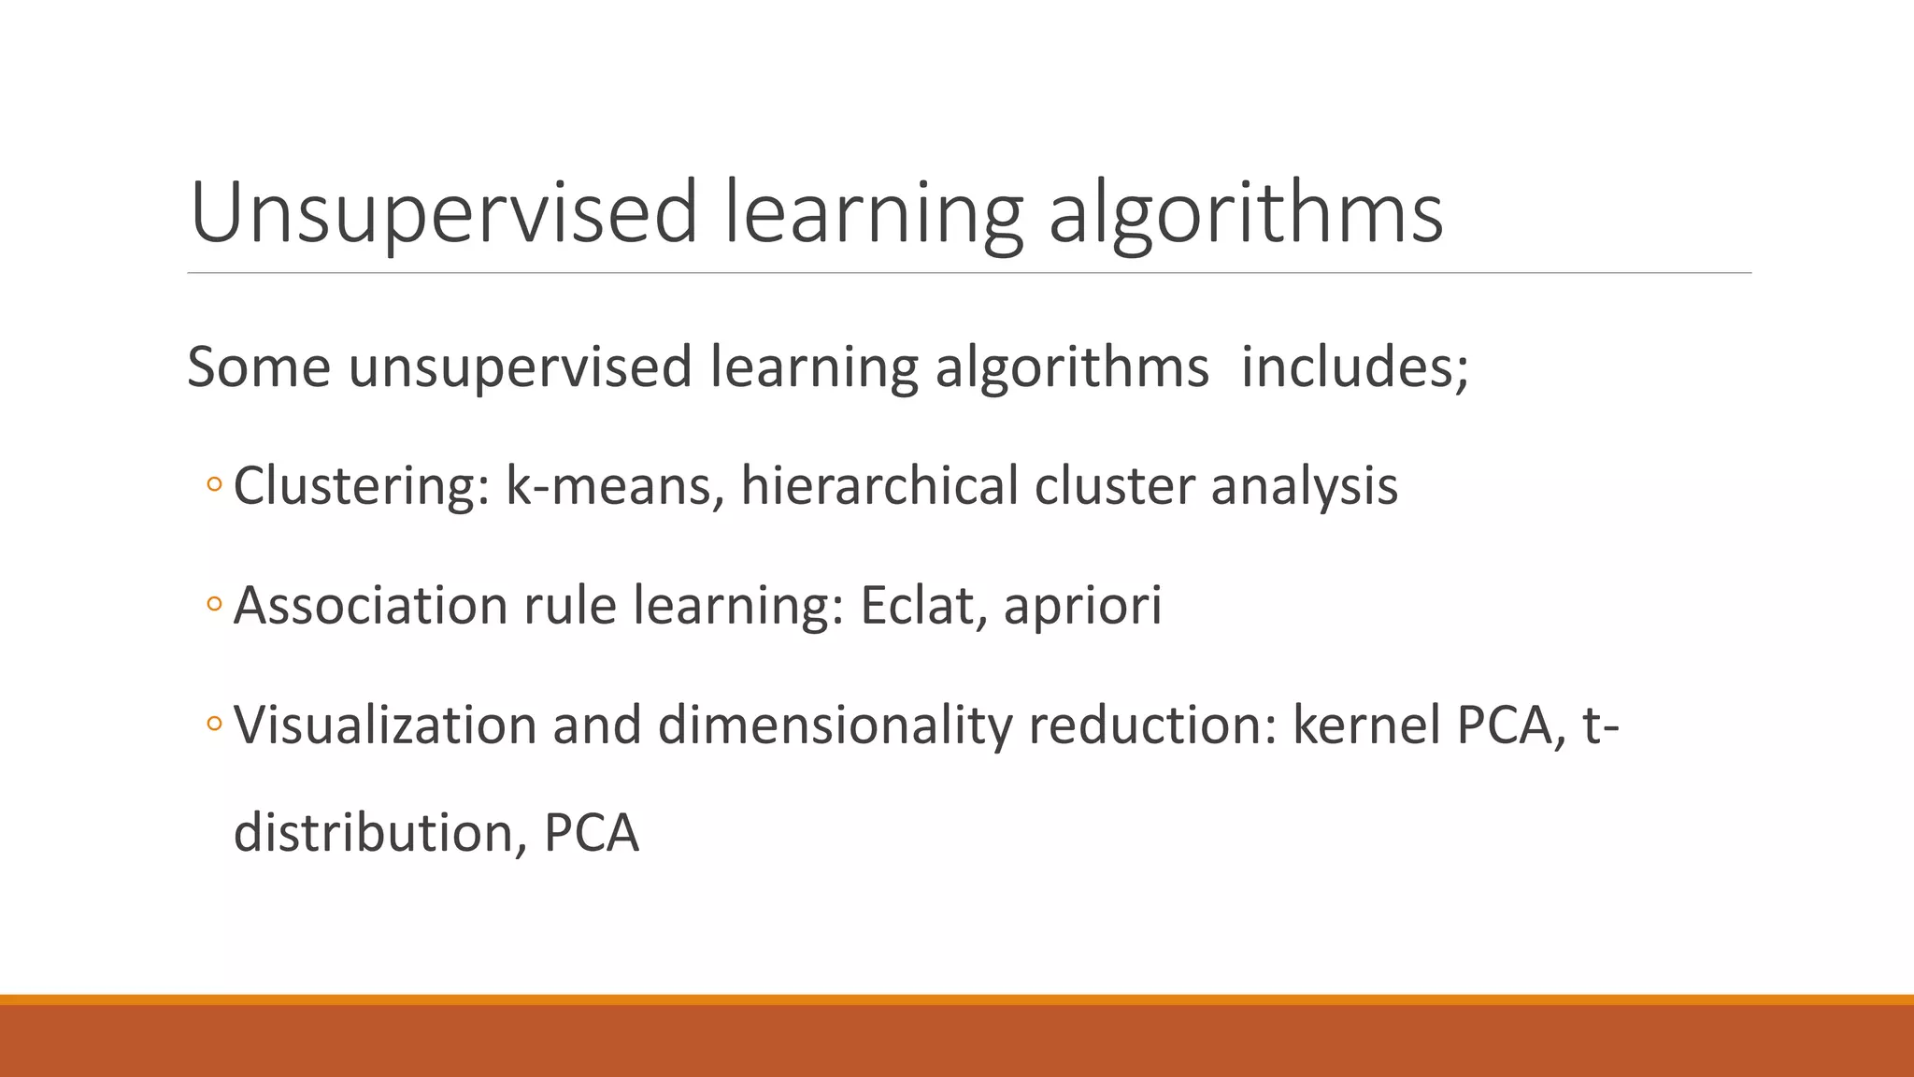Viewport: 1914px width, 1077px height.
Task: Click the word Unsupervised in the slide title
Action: point(444,213)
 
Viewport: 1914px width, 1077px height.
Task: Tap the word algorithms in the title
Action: point(1246,213)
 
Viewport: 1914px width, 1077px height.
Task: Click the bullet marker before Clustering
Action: point(214,485)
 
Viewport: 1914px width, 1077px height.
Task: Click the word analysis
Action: point(1304,485)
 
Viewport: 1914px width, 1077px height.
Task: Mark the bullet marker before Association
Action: point(214,605)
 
